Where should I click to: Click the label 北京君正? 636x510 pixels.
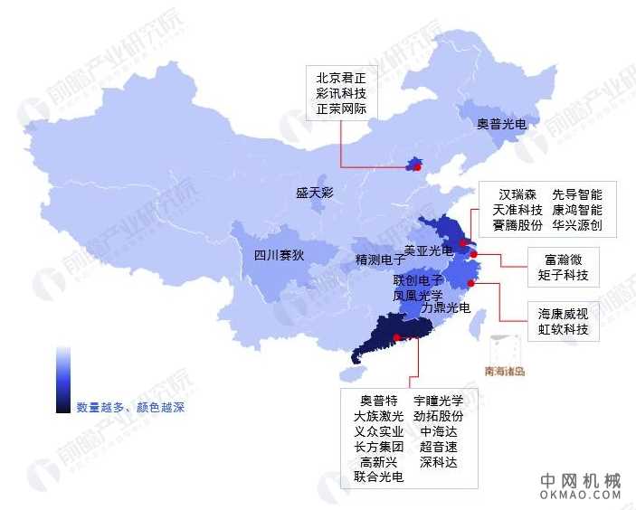click(340, 77)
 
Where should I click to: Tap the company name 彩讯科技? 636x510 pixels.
click(340, 93)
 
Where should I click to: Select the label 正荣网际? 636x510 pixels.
click(340, 109)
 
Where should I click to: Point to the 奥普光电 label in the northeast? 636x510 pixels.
click(501, 124)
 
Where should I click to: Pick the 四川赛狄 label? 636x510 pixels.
click(279, 255)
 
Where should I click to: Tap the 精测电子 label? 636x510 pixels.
click(380, 260)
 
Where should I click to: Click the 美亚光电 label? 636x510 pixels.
click(428, 250)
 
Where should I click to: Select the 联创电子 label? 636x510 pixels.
click(418, 280)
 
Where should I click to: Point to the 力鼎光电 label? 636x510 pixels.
click(446, 308)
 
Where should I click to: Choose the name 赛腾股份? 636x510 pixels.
click(517, 225)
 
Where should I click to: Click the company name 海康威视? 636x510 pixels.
click(563, 314)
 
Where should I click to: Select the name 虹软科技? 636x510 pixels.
click(563, 330)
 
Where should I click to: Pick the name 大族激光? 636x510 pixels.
click(378, 417)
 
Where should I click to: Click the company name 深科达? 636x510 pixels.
click(439, 462)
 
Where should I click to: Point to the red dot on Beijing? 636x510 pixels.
click(416, 166)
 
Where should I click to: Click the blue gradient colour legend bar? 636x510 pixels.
click(62, 379)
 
